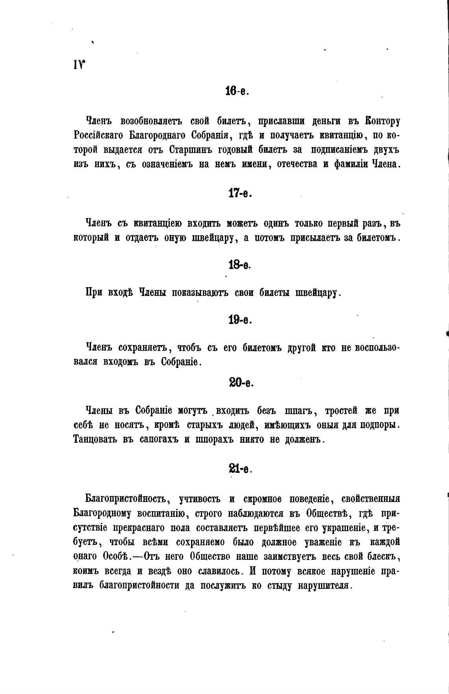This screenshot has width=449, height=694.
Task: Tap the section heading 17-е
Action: pos(239,194)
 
